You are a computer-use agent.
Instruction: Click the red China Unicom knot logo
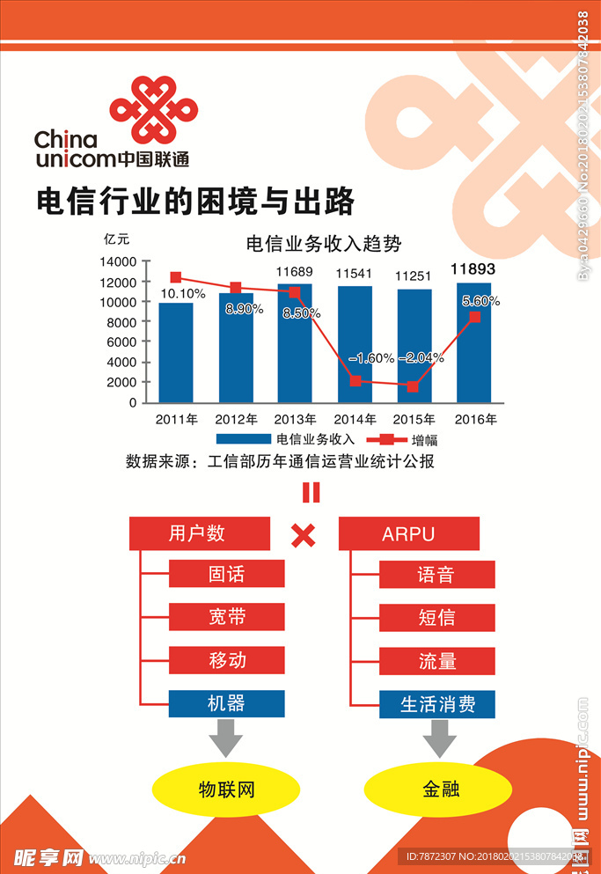pos(151,109)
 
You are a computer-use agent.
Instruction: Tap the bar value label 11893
pos(473,269)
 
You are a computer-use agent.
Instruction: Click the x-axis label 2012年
pos(236,419)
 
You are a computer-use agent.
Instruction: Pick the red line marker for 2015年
pos(413,386)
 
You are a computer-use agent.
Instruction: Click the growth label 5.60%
pos(480,301)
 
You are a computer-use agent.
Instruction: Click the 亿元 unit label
pos(116,239)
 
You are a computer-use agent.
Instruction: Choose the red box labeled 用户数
pos(199,533)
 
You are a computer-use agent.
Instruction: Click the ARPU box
pos(408,533)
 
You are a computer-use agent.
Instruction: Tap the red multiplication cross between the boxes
pos(304,535)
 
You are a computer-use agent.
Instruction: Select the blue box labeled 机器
pos(227,703)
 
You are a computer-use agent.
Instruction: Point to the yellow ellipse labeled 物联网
pos(226,789)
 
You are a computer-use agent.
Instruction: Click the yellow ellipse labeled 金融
pos(437,789)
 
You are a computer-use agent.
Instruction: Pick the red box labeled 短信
pos(436,618)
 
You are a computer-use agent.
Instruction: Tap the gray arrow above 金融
pos(437,738)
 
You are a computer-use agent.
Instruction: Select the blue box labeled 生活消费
pos(437,703)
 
